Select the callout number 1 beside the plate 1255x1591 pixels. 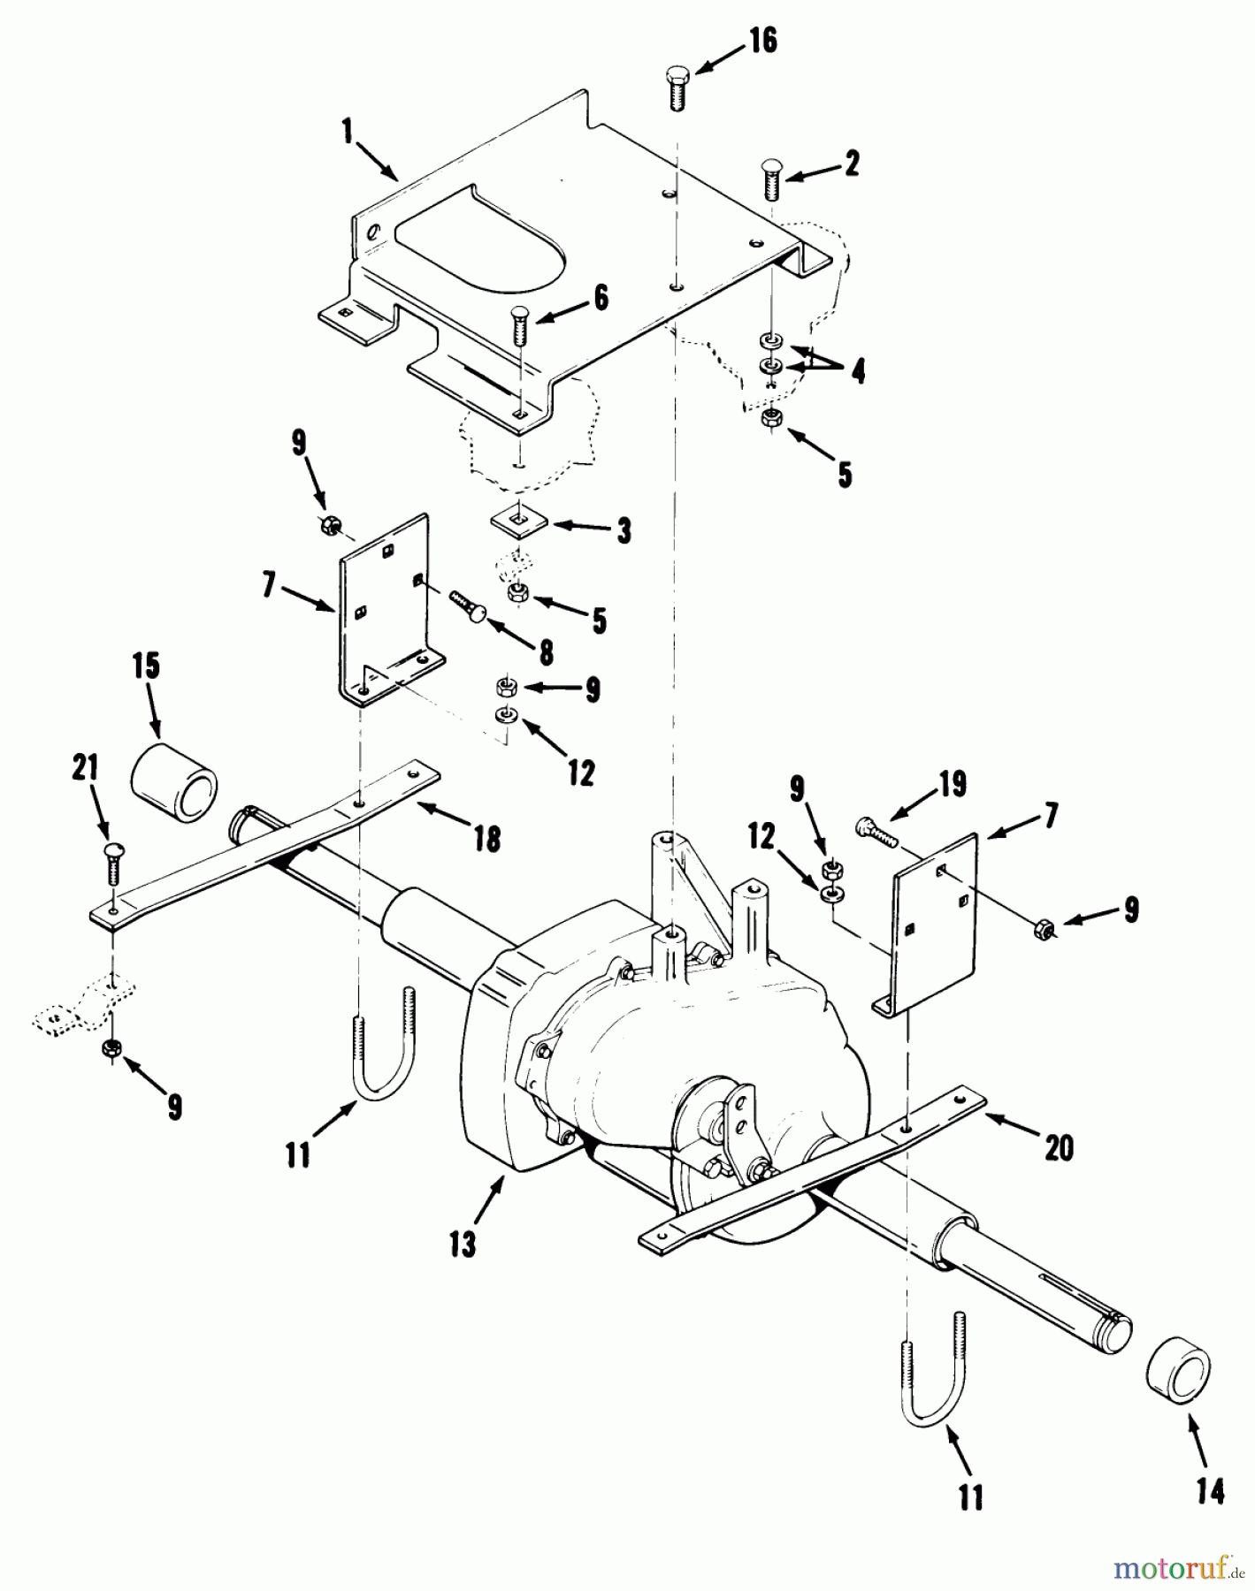(348, 133)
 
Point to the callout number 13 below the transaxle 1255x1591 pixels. (462, 1243)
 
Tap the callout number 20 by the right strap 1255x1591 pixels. (1058, 1147)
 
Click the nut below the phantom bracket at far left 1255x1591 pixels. (112, 1048)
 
